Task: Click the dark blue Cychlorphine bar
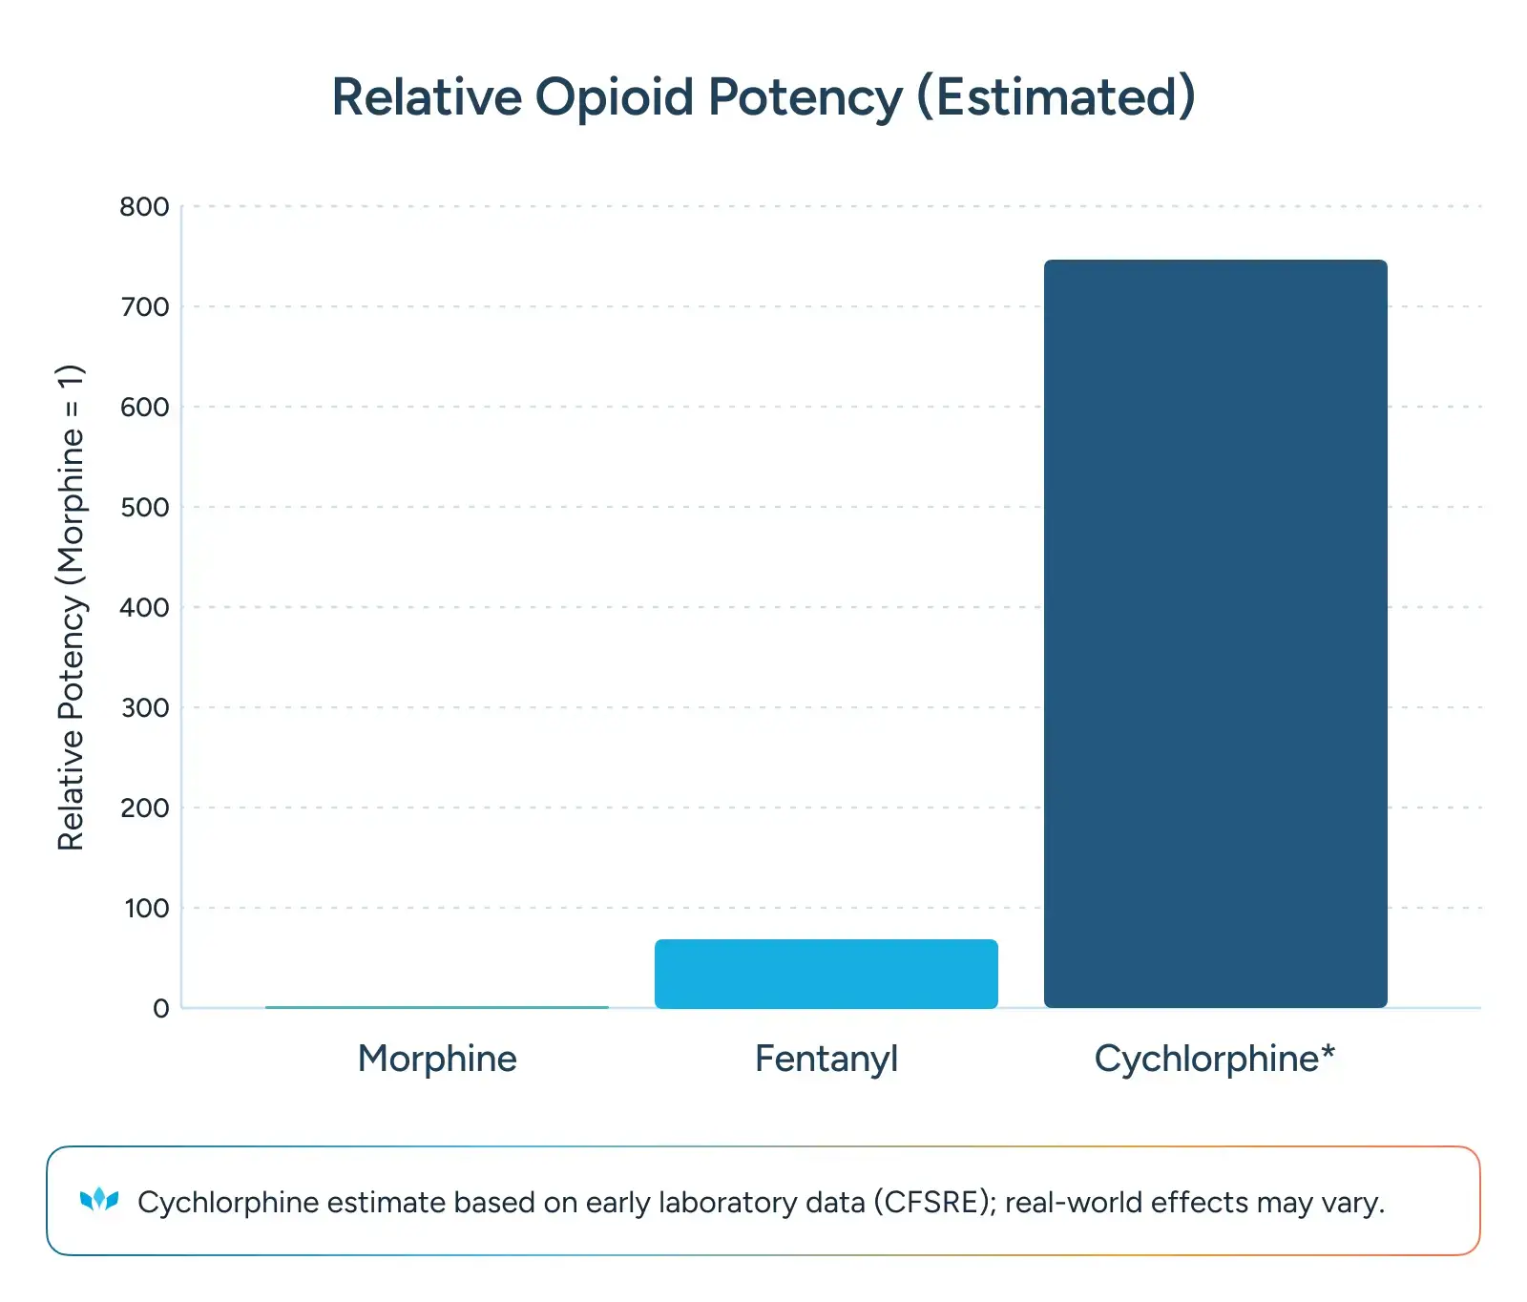click(x=1215, y=633)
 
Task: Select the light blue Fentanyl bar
click(x=826, y=974)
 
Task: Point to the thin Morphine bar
click(x=437, y=1006)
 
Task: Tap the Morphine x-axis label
click(x=437, y=1059)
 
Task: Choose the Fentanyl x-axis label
click(x=826, y=1059)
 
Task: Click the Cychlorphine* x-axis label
click(x=1214, y=1059)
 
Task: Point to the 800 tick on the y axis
click(x=144, y=207)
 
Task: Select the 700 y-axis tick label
click(x=144, y=307)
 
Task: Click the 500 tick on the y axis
click(x=144, y=508)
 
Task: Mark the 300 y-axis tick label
click(x=144, y=708)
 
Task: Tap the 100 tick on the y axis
click(x=146, y=909)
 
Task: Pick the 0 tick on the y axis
click(x=161, y=1009)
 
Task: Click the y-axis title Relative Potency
click(x=71, y=607)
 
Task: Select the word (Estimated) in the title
click(x=1056, y=97)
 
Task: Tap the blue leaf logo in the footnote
click(x=99, y=1200)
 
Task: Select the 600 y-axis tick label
click(x=144, y=408)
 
